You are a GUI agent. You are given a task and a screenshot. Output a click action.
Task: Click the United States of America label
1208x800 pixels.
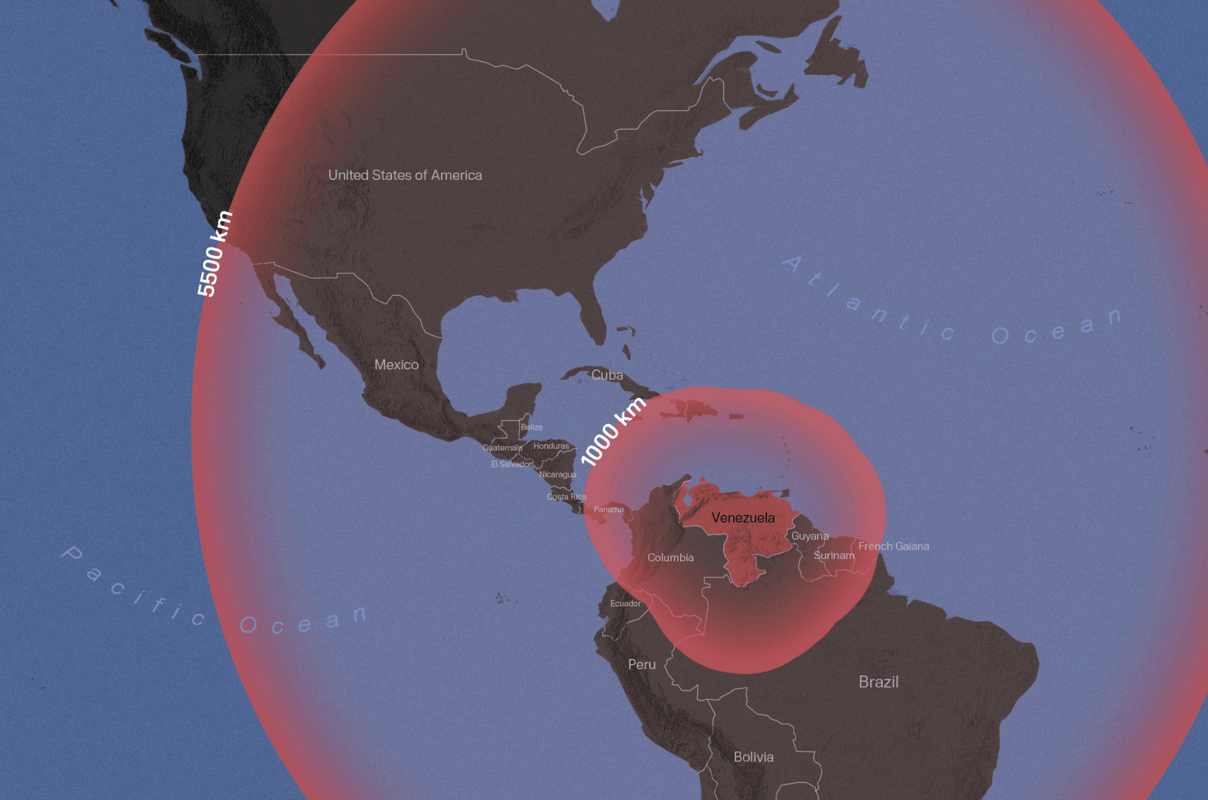405,175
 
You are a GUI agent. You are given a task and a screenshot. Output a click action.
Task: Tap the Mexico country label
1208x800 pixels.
396,364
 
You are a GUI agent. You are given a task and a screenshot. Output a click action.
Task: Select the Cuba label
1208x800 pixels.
607,375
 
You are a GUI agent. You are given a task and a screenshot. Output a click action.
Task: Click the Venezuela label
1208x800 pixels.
743,518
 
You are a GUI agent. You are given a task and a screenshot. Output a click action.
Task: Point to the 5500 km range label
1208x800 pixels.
215,254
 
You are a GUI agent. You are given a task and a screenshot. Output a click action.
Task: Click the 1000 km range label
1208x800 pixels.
613,432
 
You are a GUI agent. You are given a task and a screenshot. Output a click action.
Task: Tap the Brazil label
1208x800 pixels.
878,682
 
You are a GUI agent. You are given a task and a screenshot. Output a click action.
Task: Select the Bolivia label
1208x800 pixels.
753,757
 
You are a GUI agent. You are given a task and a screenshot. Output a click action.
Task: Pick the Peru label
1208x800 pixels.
642,664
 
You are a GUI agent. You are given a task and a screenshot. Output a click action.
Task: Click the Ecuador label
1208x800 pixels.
625,604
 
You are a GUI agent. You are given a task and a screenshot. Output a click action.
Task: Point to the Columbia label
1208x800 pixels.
671,558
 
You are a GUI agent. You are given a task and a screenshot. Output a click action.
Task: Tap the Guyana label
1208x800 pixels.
810,536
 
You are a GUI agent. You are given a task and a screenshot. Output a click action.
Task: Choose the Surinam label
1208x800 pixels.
834,555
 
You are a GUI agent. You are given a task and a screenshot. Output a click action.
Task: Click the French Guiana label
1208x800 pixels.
893,546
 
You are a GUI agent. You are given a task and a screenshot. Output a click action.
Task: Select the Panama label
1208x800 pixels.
608,509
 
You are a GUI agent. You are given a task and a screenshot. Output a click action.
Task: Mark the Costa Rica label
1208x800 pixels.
566,497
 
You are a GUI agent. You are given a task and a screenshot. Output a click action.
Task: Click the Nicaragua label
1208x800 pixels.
557,475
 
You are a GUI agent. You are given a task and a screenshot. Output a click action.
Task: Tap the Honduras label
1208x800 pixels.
551,446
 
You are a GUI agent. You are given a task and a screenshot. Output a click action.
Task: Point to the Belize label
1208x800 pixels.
532,427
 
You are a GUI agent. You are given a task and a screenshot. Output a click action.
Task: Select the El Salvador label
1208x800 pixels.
512,464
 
